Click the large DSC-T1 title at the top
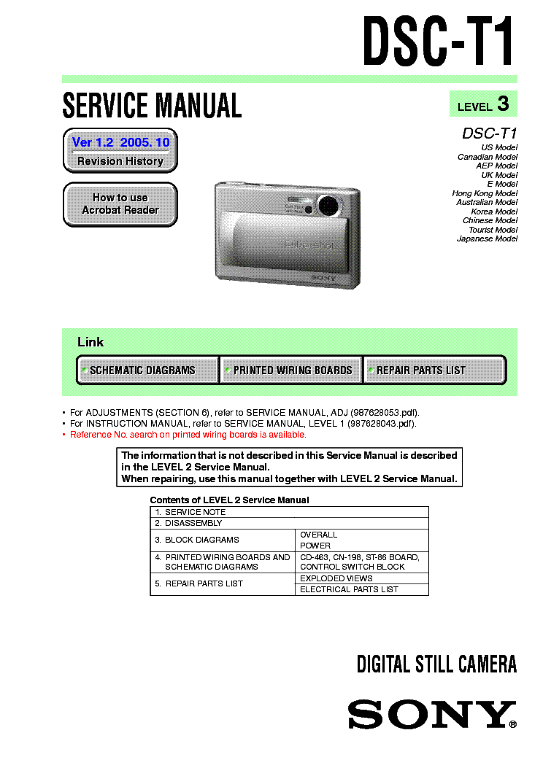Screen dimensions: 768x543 (x=439, y=42)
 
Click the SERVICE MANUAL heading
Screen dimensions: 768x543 (x=152, y=106)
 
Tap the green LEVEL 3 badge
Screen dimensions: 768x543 (x=482, y=105)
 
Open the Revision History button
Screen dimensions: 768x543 (x=120, y=151)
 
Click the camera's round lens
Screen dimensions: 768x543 (x=328, y=203)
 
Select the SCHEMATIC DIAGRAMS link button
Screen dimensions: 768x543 (x=147, y=370)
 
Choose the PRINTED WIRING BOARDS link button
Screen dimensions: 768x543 (x=291, y=370)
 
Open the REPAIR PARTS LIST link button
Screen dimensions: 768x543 (x=434, y=370)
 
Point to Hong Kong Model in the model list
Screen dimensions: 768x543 (x=485, y=193)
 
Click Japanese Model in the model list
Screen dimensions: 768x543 (x=487, y=238)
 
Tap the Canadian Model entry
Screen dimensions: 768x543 (x=488, y=157)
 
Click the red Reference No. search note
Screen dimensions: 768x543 (x=188, y=435)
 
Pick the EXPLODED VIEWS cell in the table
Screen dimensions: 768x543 (x=336, y=578)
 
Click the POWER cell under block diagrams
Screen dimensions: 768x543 (x=315, y=546)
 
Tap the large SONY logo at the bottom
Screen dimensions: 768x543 (x=431, y=714)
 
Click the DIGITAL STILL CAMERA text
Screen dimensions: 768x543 (x=436, y=664)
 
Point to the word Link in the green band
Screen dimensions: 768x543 (x=90, y=342)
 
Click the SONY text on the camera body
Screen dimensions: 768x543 (x=323, y=277)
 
